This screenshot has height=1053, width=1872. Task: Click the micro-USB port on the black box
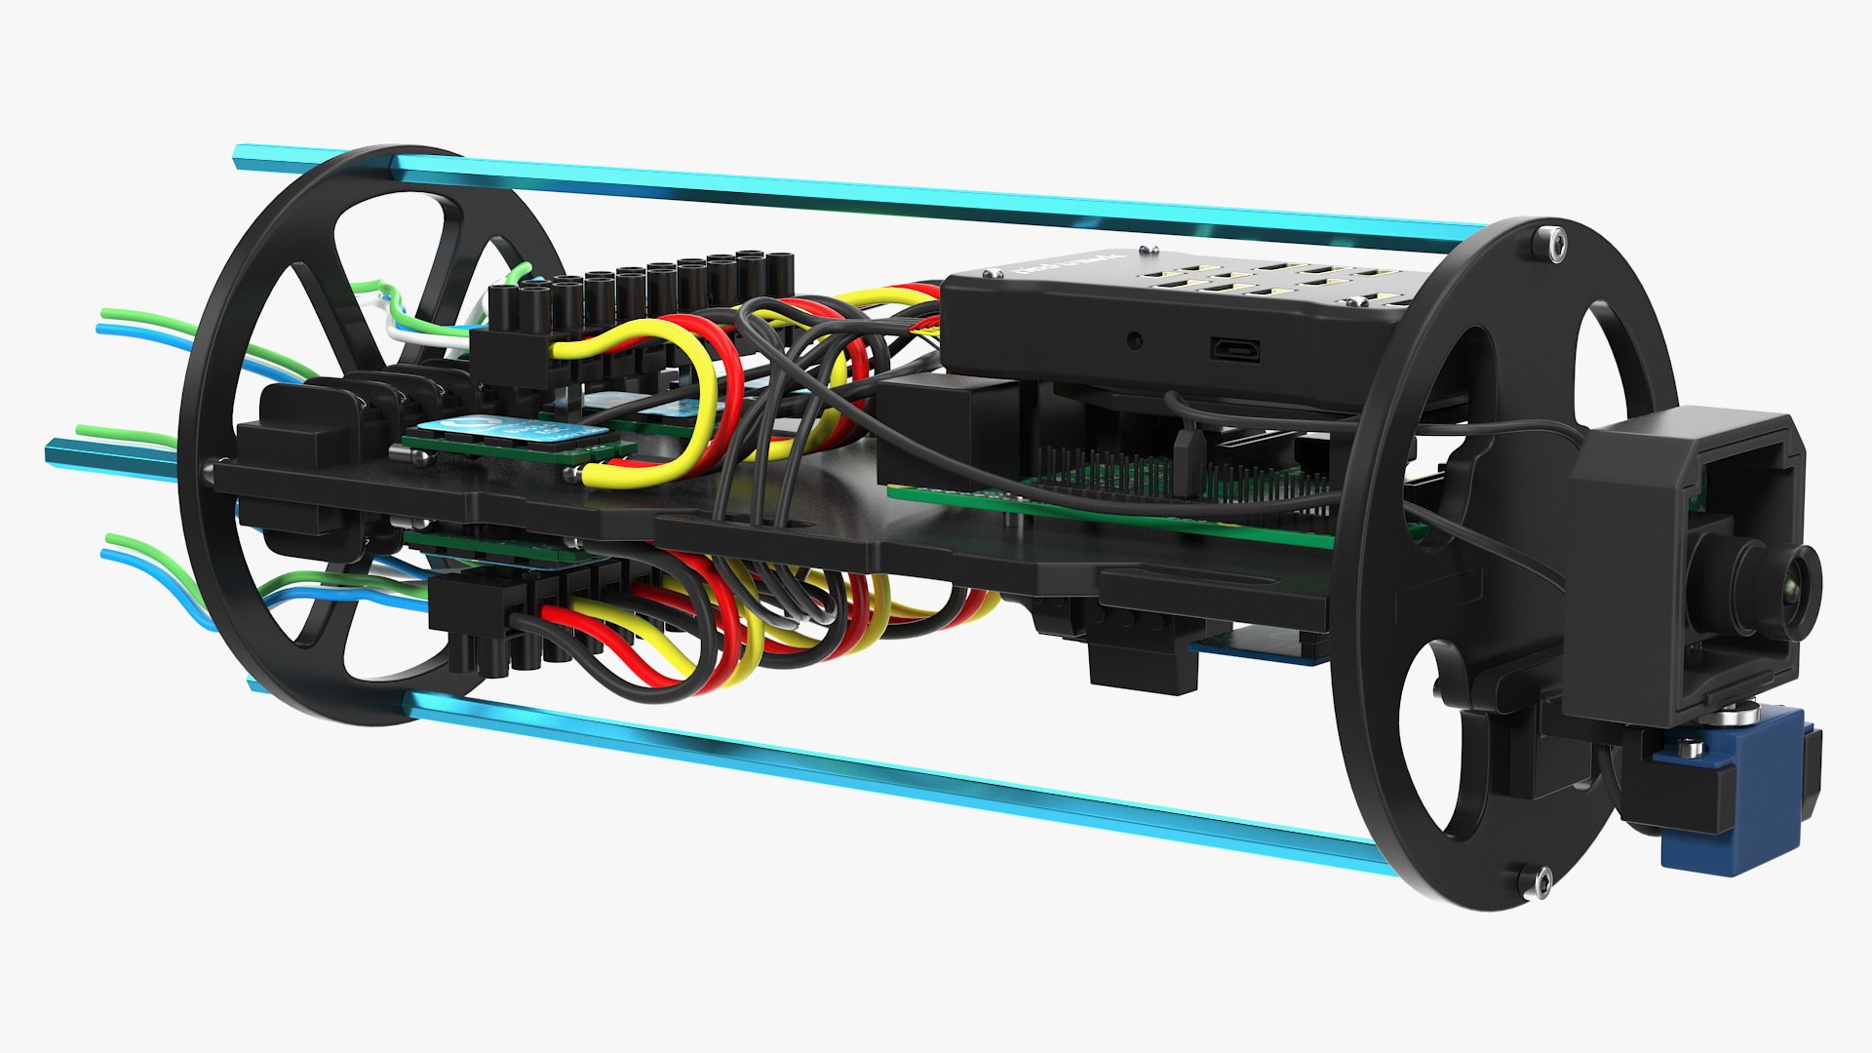click(x=1235, y=348)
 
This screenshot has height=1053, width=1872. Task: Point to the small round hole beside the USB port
click(x=1134, y=341)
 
